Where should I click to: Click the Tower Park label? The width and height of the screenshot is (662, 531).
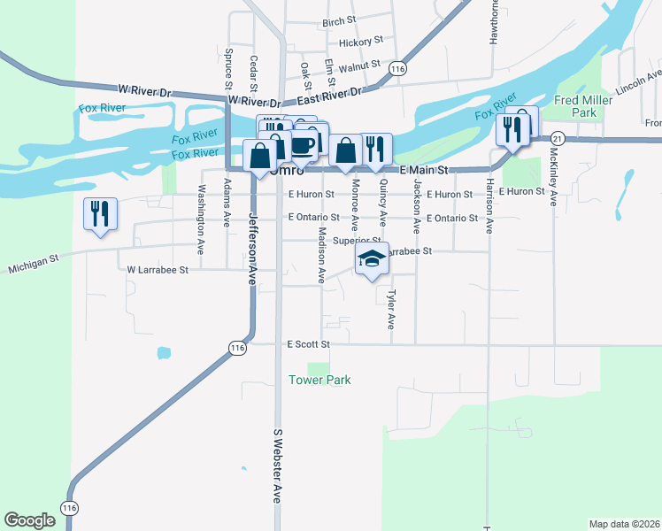tap(319, 380)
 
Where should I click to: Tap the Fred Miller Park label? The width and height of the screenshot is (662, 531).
tap(583, 106)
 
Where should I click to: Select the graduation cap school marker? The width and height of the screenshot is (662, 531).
tap(373, 259)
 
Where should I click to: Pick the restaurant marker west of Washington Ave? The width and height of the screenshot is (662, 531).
tap(99, 214)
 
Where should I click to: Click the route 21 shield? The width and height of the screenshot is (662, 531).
tap(557, 139)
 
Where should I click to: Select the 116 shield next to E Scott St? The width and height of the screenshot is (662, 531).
tap(236, 349)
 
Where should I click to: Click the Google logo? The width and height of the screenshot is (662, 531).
tap(29, 520)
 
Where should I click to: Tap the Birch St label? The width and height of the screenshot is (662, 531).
tap(339, 20)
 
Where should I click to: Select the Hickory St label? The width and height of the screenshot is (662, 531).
tap(360, 41)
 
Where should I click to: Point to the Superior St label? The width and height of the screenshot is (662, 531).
tap(350, 240)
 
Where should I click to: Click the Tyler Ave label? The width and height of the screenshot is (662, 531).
tap(390, 310)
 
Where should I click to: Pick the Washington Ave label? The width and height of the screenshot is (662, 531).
tap(202, 207)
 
